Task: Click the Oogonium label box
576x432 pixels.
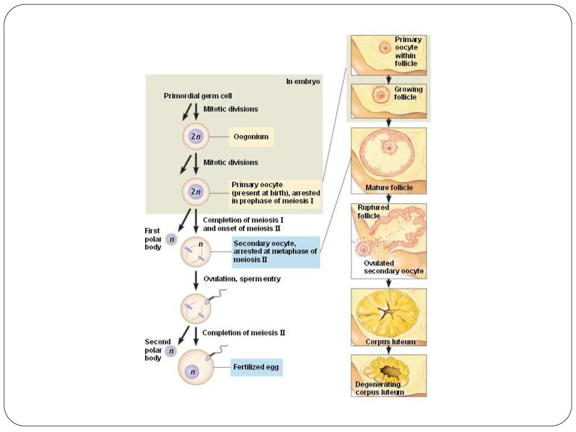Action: point(251,137)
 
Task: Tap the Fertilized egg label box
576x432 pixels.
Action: point(256,367)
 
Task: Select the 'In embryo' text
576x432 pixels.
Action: point(303,82)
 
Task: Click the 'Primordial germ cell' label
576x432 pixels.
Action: point(197,96)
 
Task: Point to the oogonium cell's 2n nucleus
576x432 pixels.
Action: point(196,137)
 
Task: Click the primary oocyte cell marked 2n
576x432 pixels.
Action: point(196,192)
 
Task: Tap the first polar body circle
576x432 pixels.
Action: point(171,240)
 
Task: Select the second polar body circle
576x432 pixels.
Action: point(171,351)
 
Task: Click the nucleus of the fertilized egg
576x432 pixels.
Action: point(193,372)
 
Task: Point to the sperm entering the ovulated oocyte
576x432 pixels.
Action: point(215,296)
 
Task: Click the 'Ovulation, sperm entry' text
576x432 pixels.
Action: point(242,279)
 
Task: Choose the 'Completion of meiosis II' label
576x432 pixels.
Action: point(244,333)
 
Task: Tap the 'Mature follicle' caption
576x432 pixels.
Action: point(389,188)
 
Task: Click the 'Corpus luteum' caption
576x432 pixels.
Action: point(390,341)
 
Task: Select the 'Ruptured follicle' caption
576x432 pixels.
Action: point(373,211)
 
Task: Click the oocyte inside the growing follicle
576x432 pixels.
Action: point(381,95)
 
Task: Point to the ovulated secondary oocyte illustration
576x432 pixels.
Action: point(364,249)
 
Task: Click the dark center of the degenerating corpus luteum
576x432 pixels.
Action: point(389,372)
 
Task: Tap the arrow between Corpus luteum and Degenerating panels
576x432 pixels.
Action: point(389,350)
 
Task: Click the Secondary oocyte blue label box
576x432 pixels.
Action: point(276,252)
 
